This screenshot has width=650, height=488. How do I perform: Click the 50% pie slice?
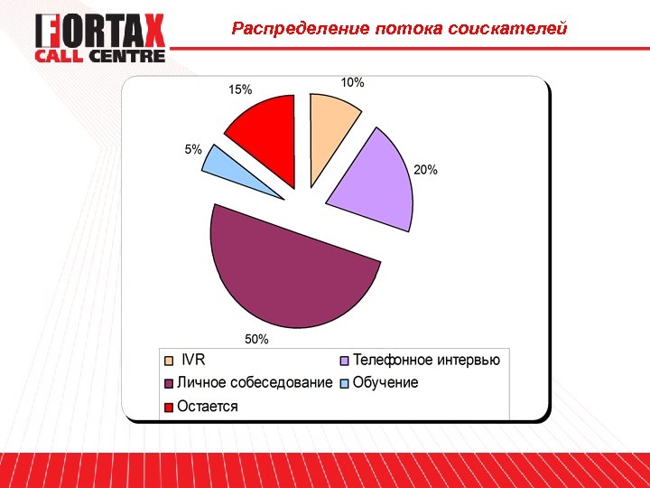[x=289, y=271]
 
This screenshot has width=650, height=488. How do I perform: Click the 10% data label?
[x=352, y=82]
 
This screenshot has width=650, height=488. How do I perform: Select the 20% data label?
[x=426, y=169]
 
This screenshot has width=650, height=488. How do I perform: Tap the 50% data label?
[x=256, y=339]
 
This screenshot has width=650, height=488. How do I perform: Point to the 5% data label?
[x=193, y=149]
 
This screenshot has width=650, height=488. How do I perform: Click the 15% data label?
[x=240, y=89]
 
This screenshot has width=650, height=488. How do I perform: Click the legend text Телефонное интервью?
[x=426, y=360]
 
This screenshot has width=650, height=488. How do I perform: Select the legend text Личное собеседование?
[x=255, y=383]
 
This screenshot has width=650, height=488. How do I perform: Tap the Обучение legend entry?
[x=385, y=383]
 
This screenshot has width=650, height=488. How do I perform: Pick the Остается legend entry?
[x=208, y=407]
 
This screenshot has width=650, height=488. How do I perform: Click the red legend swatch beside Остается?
[x=169, y=408]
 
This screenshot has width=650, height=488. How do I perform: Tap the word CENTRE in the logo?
[x=132, y=56]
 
